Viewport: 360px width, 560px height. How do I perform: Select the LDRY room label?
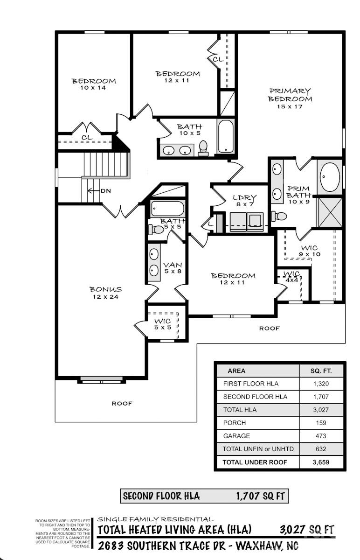[244, 197]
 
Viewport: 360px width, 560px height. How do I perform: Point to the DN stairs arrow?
[93, 191]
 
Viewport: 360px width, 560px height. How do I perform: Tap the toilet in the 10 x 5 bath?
[203, 148]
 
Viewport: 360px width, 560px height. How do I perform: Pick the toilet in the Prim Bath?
[279, 216]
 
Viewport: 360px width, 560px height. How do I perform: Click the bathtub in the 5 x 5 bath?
[167, 209]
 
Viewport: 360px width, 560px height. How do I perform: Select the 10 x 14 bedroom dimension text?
[93, 88]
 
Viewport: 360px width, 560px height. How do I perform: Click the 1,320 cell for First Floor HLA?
[321, 384]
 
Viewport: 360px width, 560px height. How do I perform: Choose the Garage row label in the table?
[236, 436]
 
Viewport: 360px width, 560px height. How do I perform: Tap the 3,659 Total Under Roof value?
[321, 462]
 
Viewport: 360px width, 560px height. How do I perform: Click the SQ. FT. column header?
[321, 371]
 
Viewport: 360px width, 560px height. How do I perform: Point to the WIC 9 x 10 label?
[310, 251]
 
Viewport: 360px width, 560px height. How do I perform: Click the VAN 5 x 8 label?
[173, 268]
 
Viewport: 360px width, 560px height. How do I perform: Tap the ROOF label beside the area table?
[270, 328]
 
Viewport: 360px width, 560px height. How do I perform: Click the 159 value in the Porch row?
[321, 423]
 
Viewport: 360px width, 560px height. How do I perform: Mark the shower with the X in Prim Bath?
[330, 212]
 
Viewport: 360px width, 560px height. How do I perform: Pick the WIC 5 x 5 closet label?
[163, 324]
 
